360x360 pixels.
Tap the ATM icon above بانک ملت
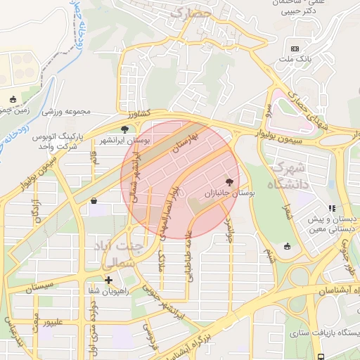(295, 48)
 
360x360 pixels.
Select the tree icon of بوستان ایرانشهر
(125, 129)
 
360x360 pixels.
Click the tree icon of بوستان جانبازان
(229, 181)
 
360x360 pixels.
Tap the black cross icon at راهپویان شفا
(108, 280)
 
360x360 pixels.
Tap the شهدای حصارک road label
(314, 113)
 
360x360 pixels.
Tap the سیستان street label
(39, 288)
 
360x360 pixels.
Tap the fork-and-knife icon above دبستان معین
(331, 208)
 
